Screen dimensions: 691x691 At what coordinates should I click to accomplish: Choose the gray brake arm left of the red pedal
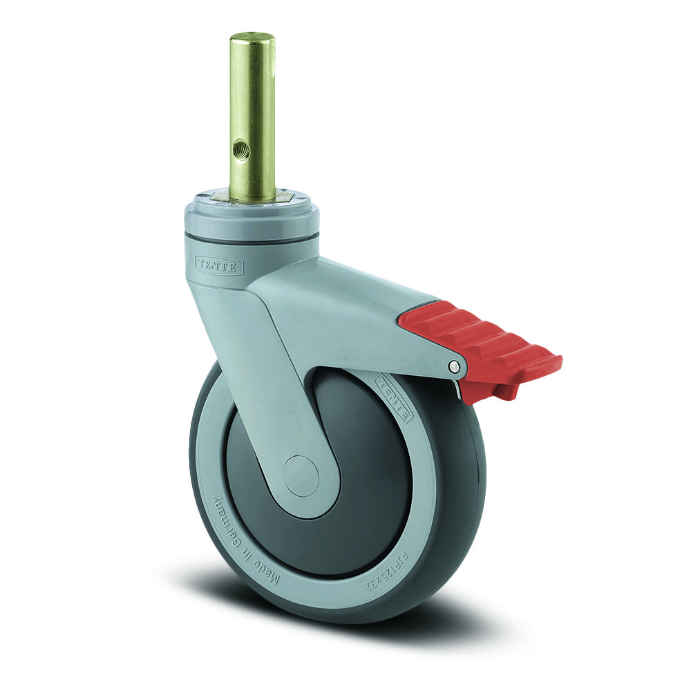pos(359,304)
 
